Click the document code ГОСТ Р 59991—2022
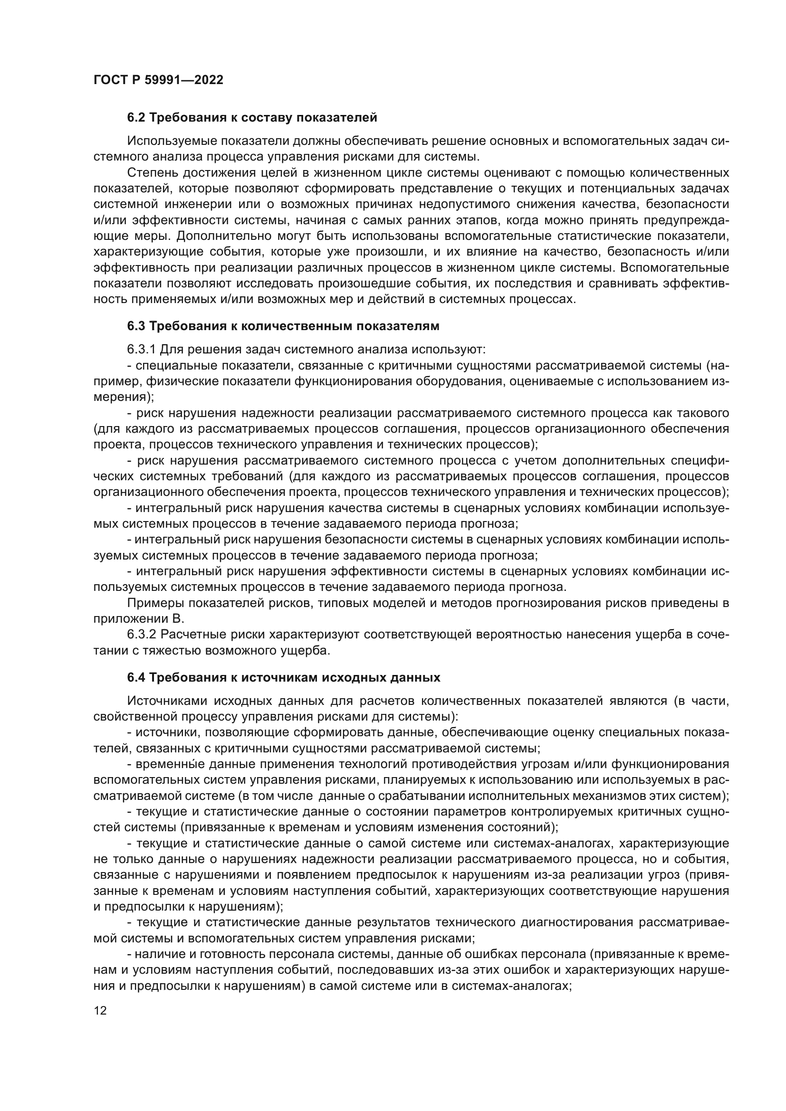[x=158, y=80]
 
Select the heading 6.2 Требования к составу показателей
[x=252, y=118]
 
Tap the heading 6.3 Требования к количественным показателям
[x=283, y=326]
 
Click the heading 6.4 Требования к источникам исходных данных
[x=283, y=677]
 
